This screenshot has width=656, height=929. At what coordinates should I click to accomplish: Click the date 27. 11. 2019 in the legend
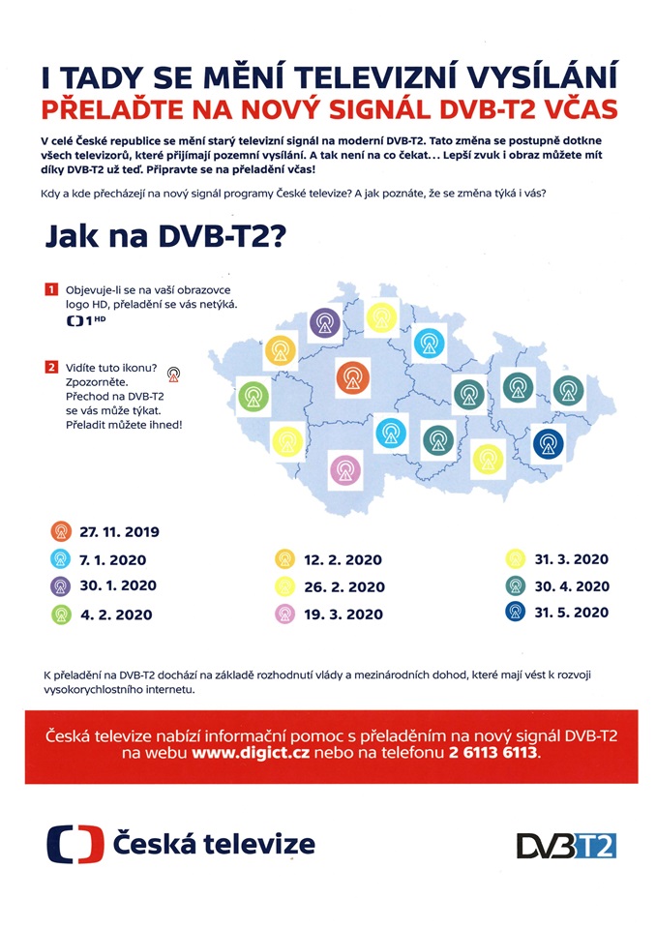coord(118,531)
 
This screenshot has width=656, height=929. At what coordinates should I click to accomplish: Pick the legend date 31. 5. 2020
coord(571,612)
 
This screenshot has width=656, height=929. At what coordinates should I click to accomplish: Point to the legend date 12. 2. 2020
coord(342,559)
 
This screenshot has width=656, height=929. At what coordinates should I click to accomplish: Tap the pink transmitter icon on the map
coord(344,470)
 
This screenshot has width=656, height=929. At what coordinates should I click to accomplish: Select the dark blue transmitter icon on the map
coord(549,444)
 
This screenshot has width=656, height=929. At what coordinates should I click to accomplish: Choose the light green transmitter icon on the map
coord(254,395)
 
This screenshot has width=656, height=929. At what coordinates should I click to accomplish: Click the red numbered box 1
coord(50,289)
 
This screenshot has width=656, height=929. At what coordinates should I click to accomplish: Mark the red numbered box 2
coord(50,367)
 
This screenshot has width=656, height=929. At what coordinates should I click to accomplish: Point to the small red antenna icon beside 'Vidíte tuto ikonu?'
coord(173,373)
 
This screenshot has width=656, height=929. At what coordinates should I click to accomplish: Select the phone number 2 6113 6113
coord(490,752)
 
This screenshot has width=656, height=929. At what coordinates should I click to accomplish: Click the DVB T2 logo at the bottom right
coord(566,844)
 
